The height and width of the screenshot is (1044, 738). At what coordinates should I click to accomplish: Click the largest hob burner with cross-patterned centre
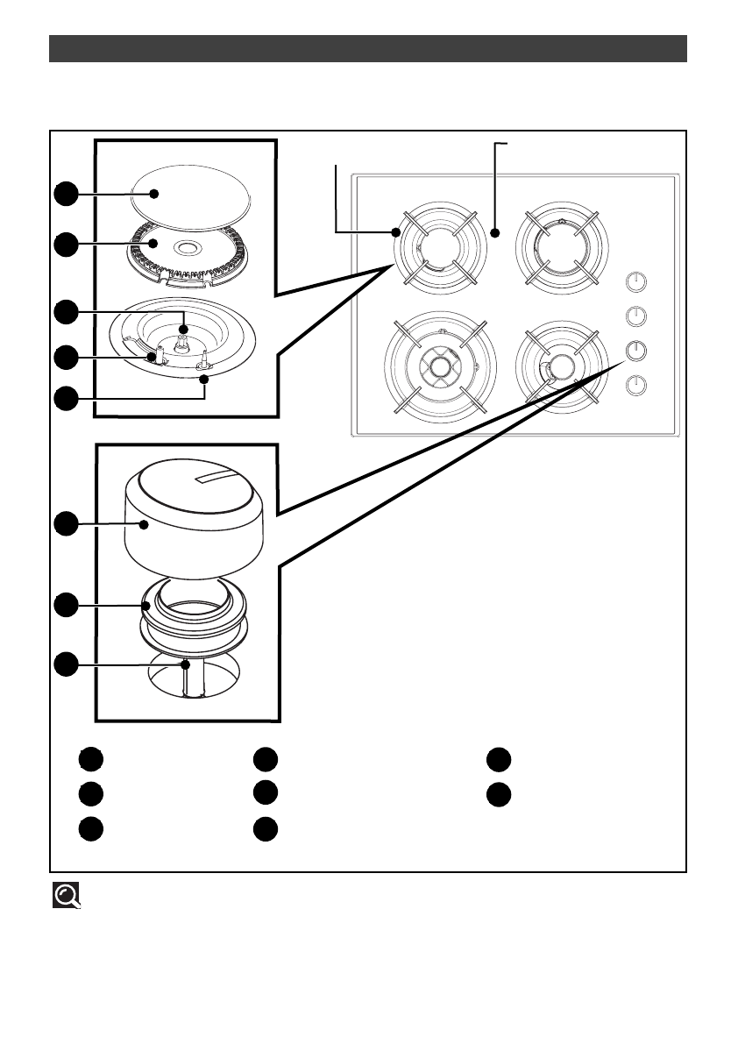coord(440,366)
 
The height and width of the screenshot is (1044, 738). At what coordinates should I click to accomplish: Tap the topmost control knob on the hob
coord(637,281)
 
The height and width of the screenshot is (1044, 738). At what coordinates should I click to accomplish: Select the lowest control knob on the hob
coord(637,384)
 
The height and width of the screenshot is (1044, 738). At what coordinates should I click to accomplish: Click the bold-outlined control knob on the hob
coord(637,350)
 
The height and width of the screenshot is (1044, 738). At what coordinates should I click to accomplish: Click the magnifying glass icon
coord(66,894)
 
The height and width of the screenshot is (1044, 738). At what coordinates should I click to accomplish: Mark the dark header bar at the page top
coord(367,49)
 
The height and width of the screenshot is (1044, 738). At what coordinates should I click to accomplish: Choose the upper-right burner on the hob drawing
coord(559,246)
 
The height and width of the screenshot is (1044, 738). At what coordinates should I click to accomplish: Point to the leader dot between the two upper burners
coord(495,233)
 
